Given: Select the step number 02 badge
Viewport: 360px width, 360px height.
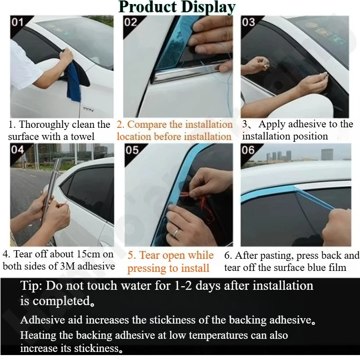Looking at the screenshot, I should coord(130,22).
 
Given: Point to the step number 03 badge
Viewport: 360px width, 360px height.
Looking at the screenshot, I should coord(248,22).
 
